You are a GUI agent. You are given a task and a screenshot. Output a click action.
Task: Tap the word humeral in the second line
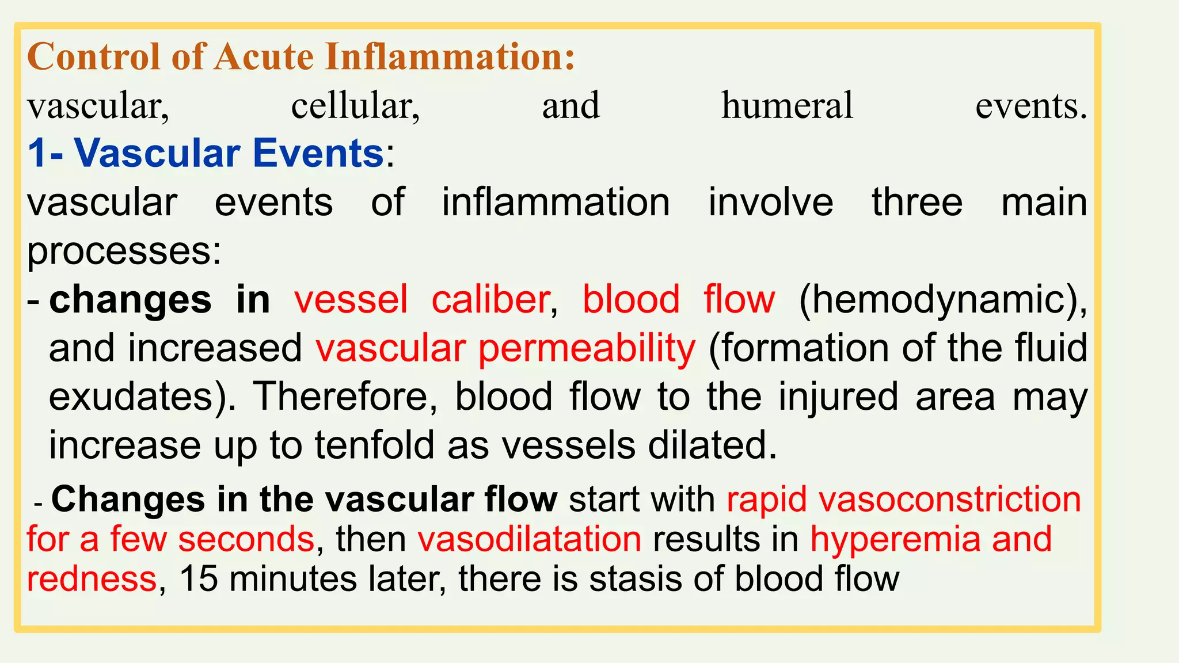tap(787, 106)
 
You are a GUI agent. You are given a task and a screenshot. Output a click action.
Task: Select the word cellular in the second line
tap(355, 106)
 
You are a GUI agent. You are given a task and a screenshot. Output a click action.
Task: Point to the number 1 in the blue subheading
tap(37, 154)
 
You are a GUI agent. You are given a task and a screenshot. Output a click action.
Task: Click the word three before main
tap(916, 203)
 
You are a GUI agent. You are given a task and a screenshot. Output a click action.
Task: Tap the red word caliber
tap(490, 300)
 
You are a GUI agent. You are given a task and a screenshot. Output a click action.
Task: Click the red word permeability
tap(587, 349)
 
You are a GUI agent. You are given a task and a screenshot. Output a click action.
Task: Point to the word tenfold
tap(374, 445)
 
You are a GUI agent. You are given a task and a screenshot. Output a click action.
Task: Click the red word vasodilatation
tap(529, 539)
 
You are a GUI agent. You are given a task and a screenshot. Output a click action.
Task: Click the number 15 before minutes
tap(199, 579)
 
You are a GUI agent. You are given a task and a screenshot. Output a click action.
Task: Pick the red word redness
tap(92, 579)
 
